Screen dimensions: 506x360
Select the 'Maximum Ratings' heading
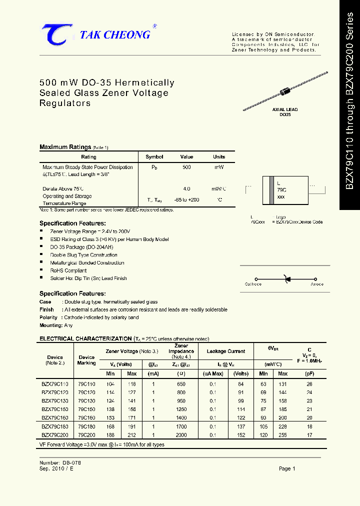pos(65,147)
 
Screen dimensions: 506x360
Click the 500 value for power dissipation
pos(186,167)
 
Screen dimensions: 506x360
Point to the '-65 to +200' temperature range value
pos(186,200)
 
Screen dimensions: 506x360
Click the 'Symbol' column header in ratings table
pos(154,157)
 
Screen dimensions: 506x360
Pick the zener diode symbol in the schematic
pos(287,279)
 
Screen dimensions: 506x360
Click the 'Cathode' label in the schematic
pos(253,284)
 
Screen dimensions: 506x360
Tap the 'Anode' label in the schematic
pos(317,284)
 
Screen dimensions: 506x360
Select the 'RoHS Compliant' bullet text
pos(68,270)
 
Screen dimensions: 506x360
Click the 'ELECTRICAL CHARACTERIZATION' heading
pos(85,338)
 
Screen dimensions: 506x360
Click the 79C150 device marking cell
pos(86,409)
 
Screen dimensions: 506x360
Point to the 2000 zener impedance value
pos(181,435)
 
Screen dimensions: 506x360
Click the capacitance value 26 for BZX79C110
pos(309,384)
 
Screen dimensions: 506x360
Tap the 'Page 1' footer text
pos(287,468)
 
